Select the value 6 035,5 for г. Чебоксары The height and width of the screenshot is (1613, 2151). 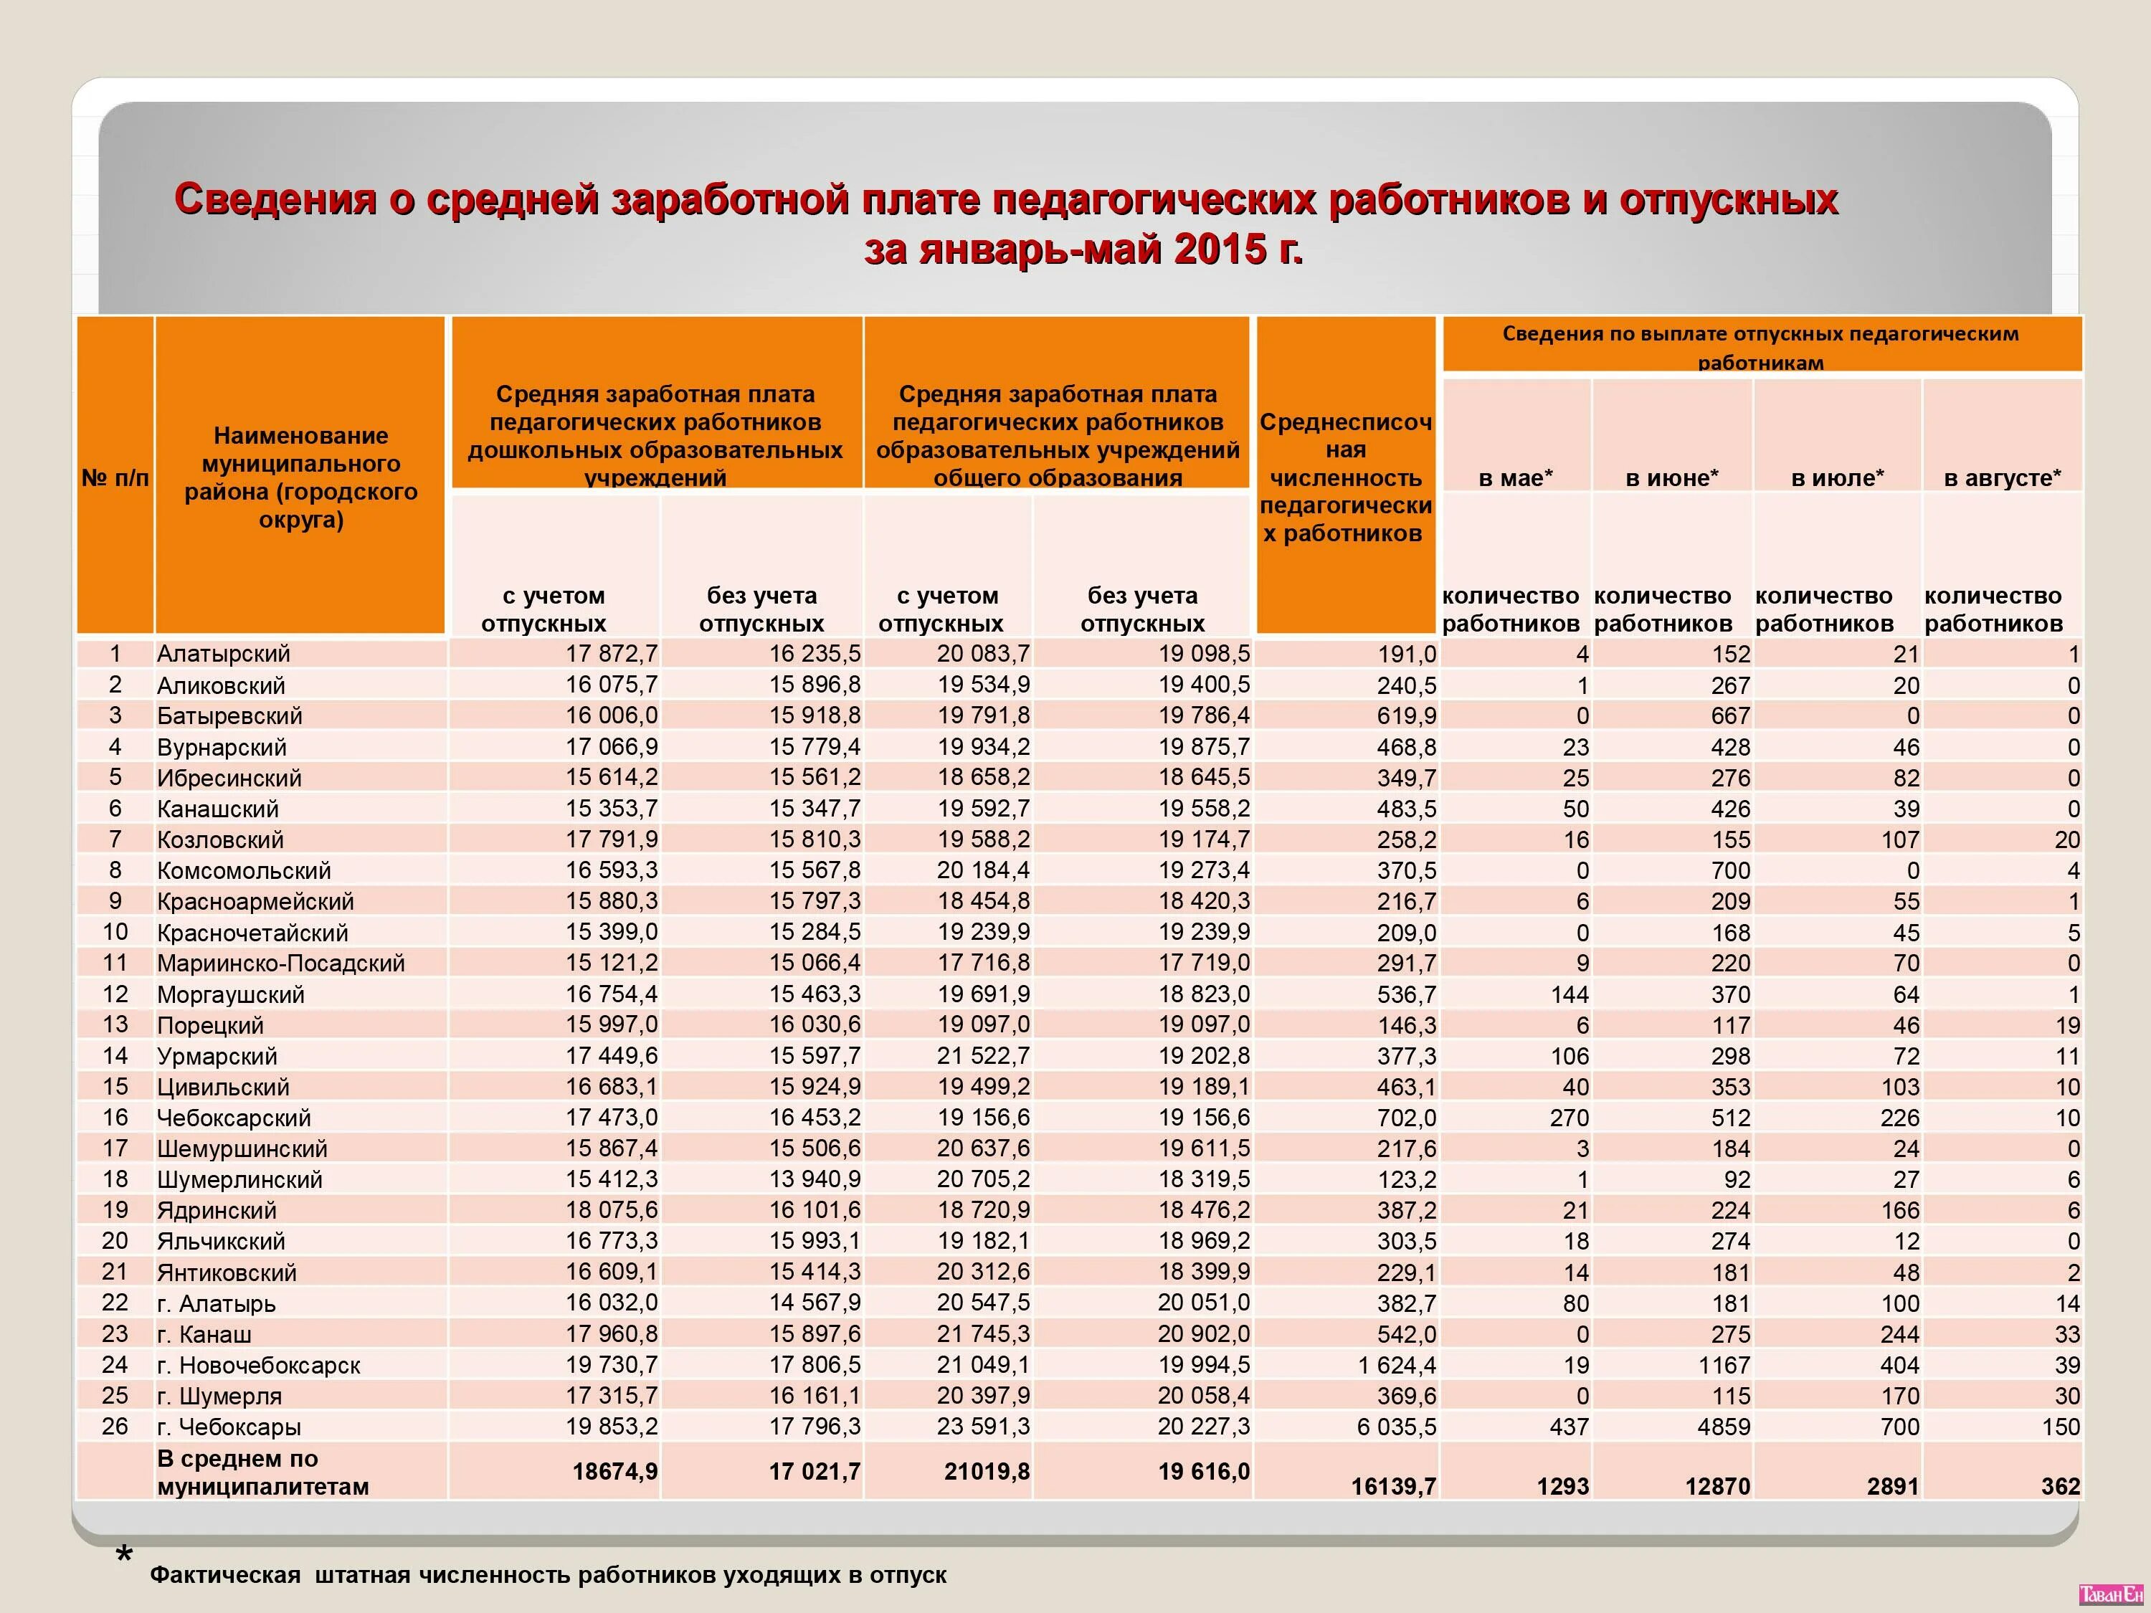pyautogui.click(x=1397, y=1427)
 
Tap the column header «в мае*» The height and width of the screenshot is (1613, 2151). pyautogui.click(x=1515, y=478)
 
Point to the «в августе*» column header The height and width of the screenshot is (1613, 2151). pyautogui.click(x=2001, y=478)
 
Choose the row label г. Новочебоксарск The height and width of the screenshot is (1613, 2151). pyautogui.click(x=259, y=1365)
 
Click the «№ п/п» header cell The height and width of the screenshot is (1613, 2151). pyautogui.click(x=115, y=477)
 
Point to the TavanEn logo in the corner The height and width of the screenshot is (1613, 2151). pyautogui.click(x=2110, y=1594)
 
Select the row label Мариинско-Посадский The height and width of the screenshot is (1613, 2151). pyautogui.click(x=281, y=963)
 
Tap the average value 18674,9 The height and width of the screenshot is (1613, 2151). pyautogui.click(x=614, y=1472)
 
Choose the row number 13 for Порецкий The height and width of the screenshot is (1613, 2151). pyautogui.click(x=115, y=1024)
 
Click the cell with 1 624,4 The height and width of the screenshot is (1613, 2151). pyautogui.click(x=1397, y=1365)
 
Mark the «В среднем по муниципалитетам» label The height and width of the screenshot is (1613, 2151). pyautogui.click(x=262, y=1472)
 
